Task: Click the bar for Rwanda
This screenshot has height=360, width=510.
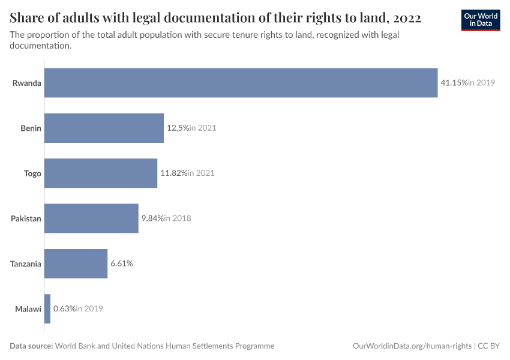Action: pos(241,83)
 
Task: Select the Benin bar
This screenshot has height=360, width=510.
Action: pos(104,128)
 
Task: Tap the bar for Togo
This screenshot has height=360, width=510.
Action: pos(100,173)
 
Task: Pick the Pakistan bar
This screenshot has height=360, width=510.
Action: pos(91,218)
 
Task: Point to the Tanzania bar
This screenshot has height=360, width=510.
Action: pos(76,263)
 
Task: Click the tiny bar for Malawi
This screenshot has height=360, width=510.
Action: pos(47,308)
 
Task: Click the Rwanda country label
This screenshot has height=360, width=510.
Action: pos(27,83)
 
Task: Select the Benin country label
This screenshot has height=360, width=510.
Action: pos(31,128)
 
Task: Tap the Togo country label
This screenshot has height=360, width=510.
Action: pos(32,173)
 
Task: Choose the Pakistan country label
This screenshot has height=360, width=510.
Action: pos(26,218)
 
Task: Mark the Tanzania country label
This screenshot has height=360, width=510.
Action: pos(26,263)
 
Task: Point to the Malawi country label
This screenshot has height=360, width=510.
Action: pos(28,309)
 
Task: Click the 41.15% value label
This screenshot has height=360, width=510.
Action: pos(454,83)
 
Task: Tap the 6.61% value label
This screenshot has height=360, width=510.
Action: pos(121,263)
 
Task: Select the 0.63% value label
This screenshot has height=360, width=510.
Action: pos(64,308)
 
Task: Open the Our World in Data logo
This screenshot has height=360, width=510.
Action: pos(481,20)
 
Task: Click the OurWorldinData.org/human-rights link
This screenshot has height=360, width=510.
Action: pos(412,346)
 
